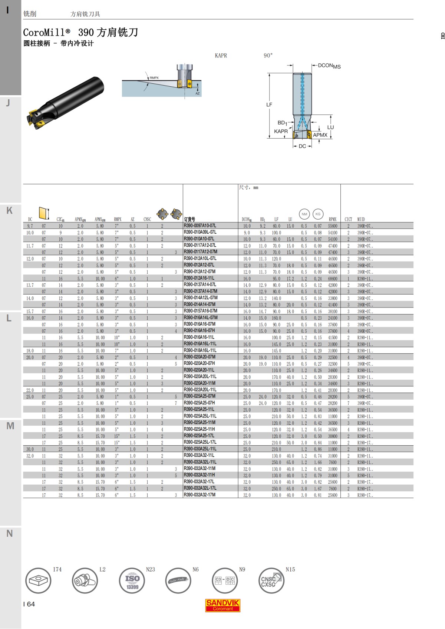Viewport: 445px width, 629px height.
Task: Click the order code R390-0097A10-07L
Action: pyautogui.click(x=200, y=226)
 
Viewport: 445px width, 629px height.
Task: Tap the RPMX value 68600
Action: pyautogui.click(x=332, y=279)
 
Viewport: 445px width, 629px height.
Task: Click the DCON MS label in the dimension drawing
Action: pyautogui.click(x=329, y=66)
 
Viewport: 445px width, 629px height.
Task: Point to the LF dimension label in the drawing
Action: pyautogui.click(x=269, y=105)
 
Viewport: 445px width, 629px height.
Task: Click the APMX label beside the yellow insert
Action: pyautogui.click(x=320, y=135)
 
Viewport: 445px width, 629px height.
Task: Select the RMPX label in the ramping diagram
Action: pyautogui.click(x=154, y=78)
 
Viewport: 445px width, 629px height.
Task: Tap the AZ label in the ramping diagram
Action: pyautogui.click(x=197, y=93)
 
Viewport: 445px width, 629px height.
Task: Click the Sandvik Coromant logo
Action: pyautogui.click(x=222, y=605)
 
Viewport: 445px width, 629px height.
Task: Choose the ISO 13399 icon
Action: pyautogui.click(x=132, y=580)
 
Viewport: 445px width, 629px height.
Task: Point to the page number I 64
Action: pyautogui.click(x=29, y=604)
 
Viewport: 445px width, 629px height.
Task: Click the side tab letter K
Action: pyautogui.click(x=9, y=210)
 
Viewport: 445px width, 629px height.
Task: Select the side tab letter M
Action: pyautogui.click(x=10, y=426)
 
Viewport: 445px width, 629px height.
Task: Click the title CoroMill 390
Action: pyautogui.click(x=80, y=33)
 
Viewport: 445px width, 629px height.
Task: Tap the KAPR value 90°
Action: pyautogui.click(x=268, y=56)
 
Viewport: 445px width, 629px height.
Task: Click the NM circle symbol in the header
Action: pyautogui.click(x=304, y=214)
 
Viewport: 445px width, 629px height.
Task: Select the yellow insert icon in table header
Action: pyautogui.click(x=44, y=213)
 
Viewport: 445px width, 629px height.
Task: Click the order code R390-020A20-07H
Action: pyautogui.click(x=199, y=363)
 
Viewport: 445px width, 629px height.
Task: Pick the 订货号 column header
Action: pyautogui.click(x=189, y=219)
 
